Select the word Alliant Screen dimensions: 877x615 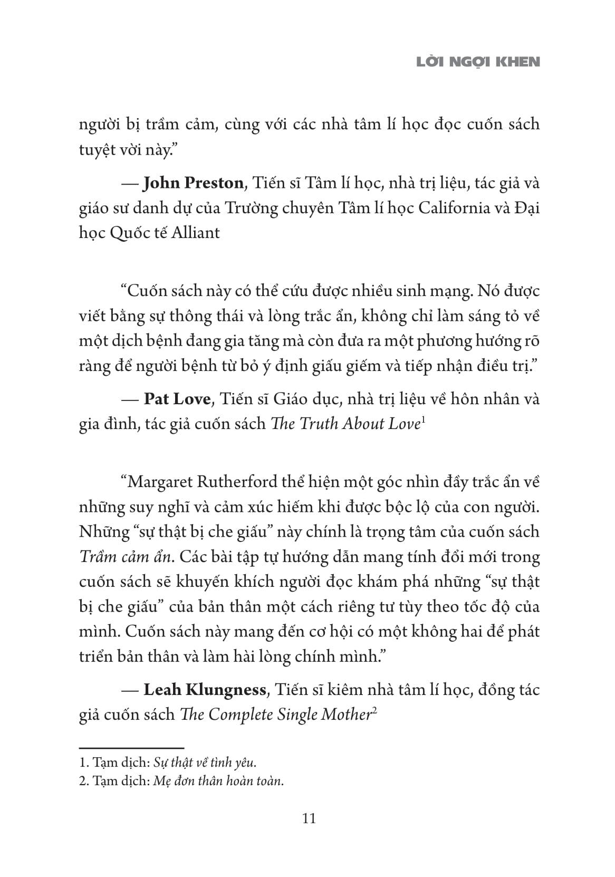195,233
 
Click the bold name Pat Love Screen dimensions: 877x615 177,399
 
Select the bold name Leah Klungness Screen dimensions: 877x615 205,690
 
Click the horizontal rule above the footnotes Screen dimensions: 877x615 131,748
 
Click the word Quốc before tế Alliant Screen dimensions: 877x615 127,233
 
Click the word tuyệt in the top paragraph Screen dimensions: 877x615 97,150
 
